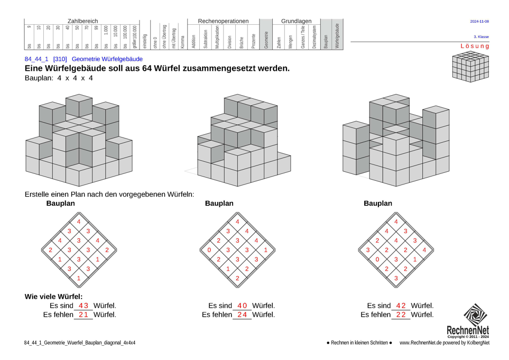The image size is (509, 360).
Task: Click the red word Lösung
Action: (474, 46)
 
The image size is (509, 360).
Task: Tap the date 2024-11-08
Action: (479, 21)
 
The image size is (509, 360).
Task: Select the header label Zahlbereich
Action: (82, 21)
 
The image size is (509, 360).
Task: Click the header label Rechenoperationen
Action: (223, 21)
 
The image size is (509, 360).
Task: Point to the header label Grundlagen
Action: (296, 21)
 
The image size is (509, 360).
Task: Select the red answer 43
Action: (83, 306)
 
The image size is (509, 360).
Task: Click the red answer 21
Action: (83, 315)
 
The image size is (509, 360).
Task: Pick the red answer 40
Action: (242, 306)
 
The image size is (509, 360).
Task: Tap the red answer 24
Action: (242, 315)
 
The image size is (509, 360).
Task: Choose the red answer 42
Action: (401, 306)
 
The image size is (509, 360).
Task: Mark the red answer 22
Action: (401, 315)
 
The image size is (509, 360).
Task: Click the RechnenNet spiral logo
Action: (475, 315)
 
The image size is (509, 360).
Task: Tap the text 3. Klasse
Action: (481, 37)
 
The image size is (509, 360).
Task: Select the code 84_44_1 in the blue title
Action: (36, 59)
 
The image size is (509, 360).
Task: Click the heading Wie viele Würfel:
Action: (53, 297)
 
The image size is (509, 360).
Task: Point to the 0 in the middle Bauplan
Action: (209, 250)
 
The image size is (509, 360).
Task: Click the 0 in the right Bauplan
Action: (377, 260)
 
